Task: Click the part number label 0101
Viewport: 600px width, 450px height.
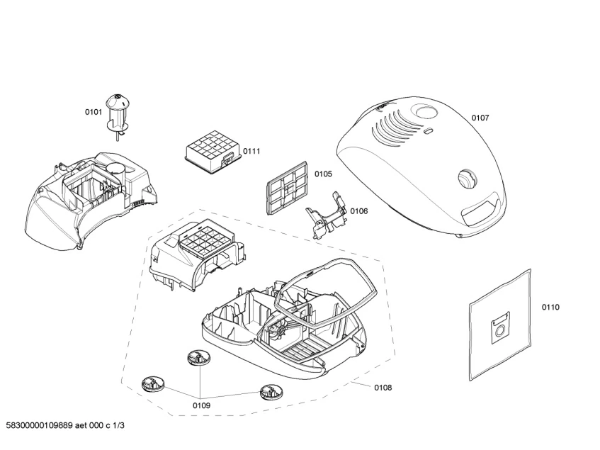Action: point(94,112)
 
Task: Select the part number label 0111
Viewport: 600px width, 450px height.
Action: point(251,151)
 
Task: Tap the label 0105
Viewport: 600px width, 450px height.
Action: point(323,174)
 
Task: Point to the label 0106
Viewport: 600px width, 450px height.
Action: point(358,210)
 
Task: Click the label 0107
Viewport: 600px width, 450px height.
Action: point(480,118)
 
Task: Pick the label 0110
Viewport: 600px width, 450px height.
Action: point(550,307)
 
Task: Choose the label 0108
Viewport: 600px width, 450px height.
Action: point(383,388)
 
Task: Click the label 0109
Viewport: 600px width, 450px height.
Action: point(201,405)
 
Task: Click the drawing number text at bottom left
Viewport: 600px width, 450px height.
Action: point(64,425)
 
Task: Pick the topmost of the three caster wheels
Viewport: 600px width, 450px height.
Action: point(198,359)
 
